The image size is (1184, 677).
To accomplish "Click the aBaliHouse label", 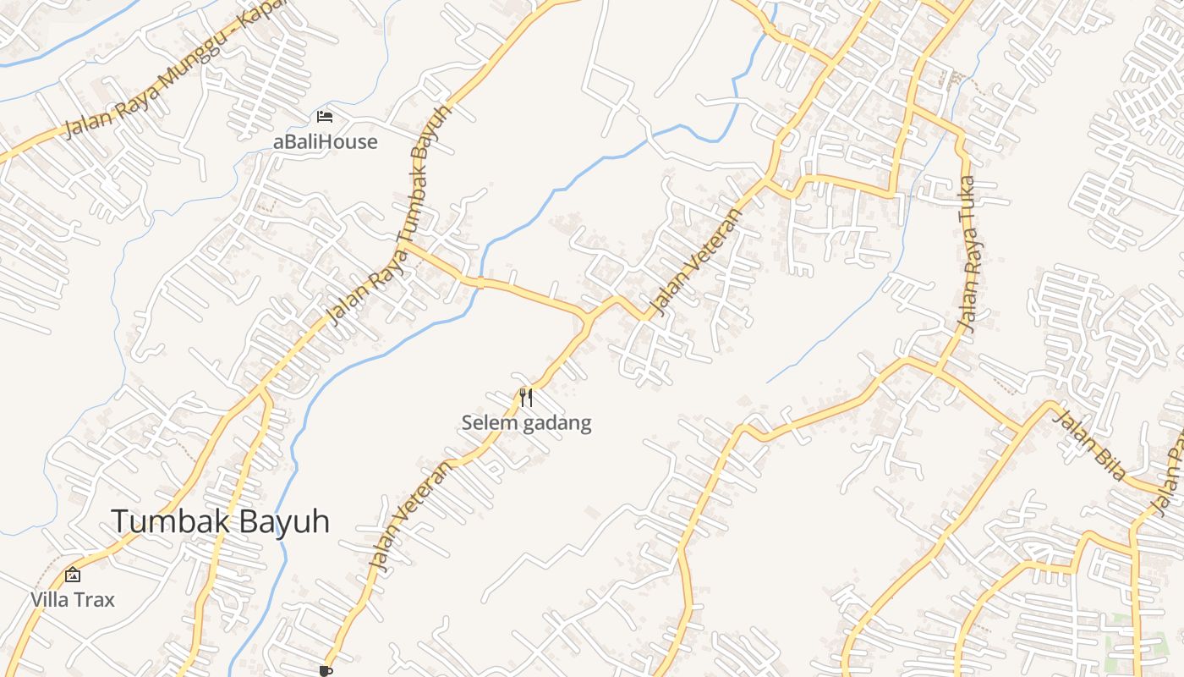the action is click(x=325, y=141).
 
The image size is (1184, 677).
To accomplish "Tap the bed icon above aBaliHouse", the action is click(x=325, y=117).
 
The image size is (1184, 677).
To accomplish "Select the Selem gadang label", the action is click(x=526, y=422).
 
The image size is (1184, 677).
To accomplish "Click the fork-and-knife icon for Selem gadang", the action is click(x=526, y=397).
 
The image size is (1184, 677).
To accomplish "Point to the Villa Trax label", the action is click(x=73, y=600).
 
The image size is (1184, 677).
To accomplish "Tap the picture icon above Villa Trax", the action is click(x=73, y=575).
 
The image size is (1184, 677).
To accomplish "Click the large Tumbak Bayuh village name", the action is click(x=220, y=521).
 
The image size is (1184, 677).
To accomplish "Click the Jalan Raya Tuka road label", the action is click(x=968, y=254).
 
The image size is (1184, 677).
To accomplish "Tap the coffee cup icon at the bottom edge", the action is click(x=326, y=671).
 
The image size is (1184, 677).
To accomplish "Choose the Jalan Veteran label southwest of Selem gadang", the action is click(x=408, y=517).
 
